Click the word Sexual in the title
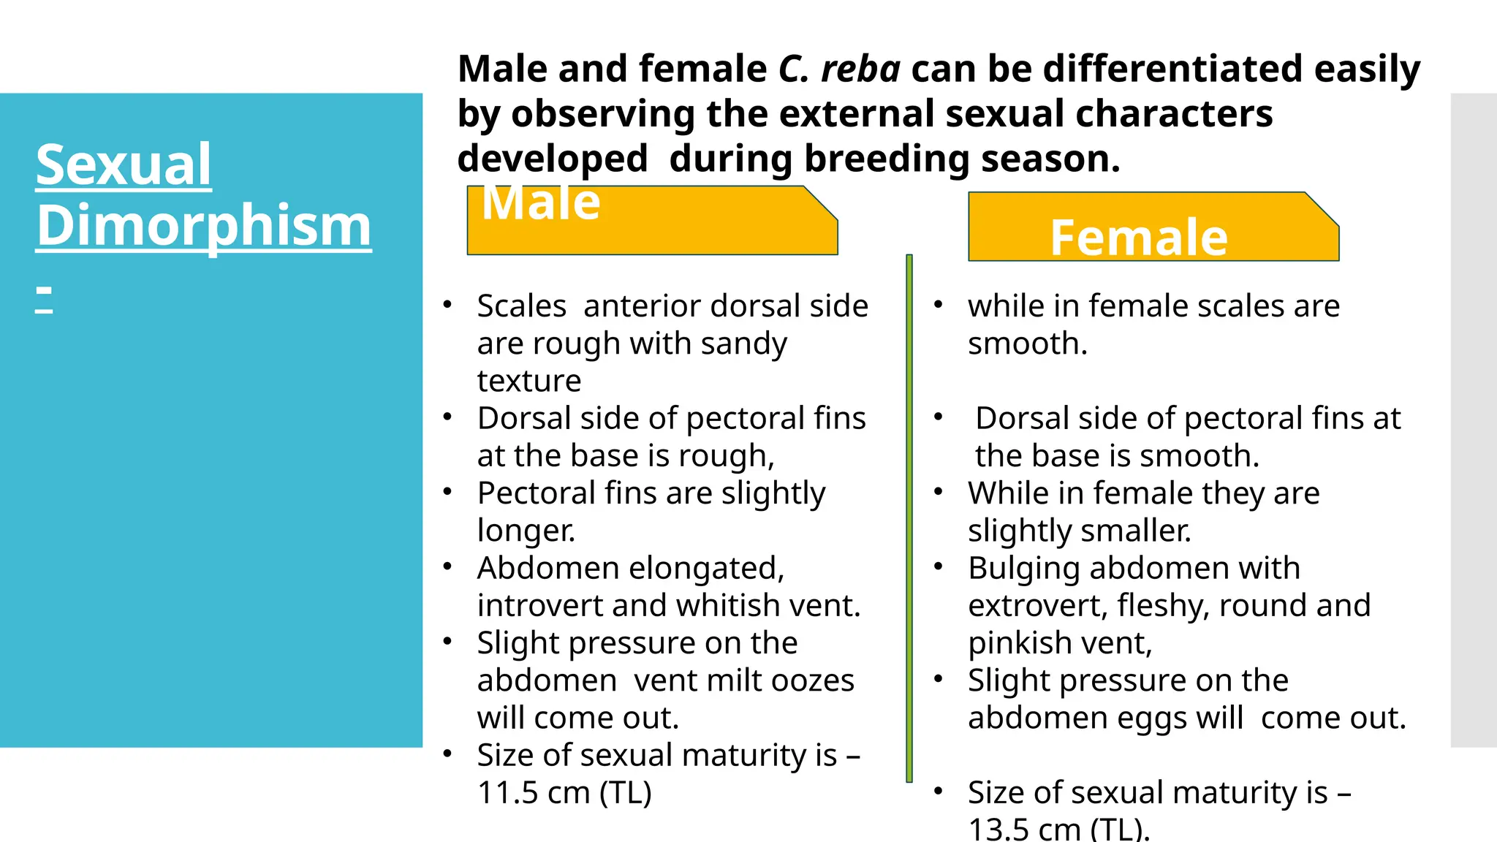click(124, 165)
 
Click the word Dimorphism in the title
click(204, 226)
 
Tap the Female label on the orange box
click(1138, 238)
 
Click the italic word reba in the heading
click(860, 69)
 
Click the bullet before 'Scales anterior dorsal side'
click(447, 304)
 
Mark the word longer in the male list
click(526, 531)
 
